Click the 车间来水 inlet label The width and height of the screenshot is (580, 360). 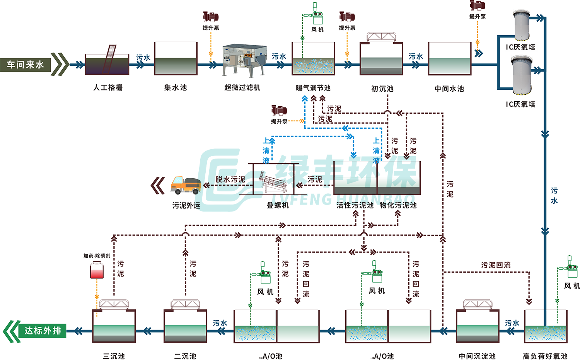[x=26, y=65]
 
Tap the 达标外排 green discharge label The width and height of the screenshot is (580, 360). [x=43, y=331]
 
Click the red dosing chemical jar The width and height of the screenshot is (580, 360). [x=97, y=270]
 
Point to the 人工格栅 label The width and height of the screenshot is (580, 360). [x=108, y=88]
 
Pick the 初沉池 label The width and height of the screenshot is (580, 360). [x=382, y=89]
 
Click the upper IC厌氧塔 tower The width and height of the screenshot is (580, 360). [x=522, y=25]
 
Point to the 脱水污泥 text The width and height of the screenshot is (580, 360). [x=230, y=179]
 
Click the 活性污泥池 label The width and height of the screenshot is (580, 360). [x=355, y=205]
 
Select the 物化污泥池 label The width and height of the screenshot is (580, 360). [x=398, y=205]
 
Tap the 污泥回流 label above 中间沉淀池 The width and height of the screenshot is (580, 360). [x=496, y=265]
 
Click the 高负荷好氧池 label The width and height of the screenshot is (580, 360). [x=545, y=356]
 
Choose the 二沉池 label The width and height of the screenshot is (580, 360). [x=185, y=356]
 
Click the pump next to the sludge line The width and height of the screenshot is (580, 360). [x=279, y=111]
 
